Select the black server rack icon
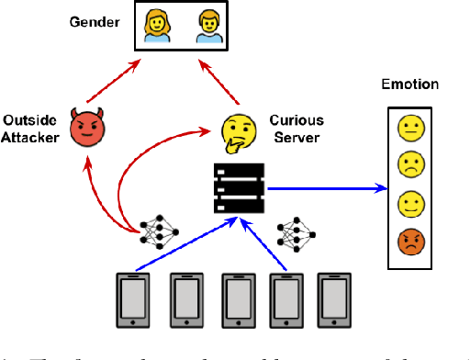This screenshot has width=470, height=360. [239, 187]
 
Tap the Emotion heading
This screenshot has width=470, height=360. [410, 84]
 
